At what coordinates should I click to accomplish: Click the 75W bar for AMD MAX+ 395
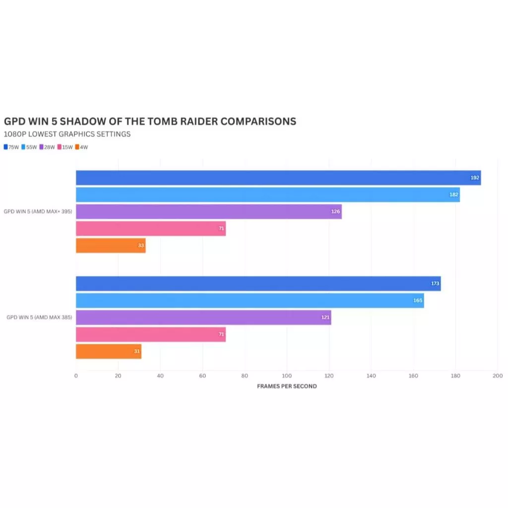pos(278,178)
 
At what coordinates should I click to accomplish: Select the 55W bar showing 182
pos(268,194)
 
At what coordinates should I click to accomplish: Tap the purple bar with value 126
pos(208,211)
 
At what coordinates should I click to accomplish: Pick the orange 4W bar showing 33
pos(111,246)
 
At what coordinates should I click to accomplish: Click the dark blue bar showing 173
pos(258,284)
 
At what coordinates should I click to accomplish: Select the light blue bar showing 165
pos(250,301)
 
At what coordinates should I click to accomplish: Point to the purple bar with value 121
pos(203,317)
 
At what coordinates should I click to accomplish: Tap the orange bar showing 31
pos(109,351)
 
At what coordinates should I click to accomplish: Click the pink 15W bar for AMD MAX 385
pos(151,334)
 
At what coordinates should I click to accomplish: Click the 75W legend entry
pos(11,147)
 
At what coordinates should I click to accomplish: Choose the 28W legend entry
pos(47,147)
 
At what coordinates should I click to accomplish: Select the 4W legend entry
pos(82,147)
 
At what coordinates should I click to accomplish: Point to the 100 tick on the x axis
pos(287,376)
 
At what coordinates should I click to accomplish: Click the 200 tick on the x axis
pos(498,376)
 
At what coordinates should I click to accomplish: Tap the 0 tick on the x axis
pos(76,376)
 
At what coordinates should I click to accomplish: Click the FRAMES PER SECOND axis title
pos(287,386)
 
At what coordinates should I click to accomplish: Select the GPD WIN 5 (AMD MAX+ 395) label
pos(38,211)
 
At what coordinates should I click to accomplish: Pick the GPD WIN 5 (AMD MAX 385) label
pos(39,317)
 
